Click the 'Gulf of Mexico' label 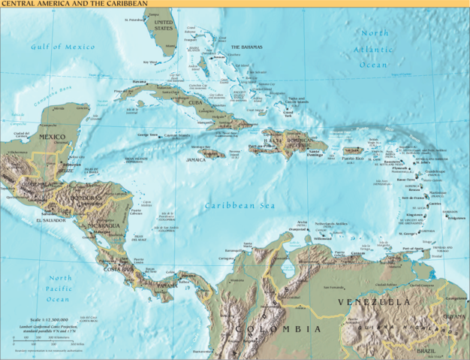(62, 47)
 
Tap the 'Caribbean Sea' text (240, 205)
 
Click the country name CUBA (196, 102)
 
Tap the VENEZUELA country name (374, 301)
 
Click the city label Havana (140, 81)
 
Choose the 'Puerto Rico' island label (353, 159)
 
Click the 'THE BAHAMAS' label (246, 47)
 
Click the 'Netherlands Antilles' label (330, 224)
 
